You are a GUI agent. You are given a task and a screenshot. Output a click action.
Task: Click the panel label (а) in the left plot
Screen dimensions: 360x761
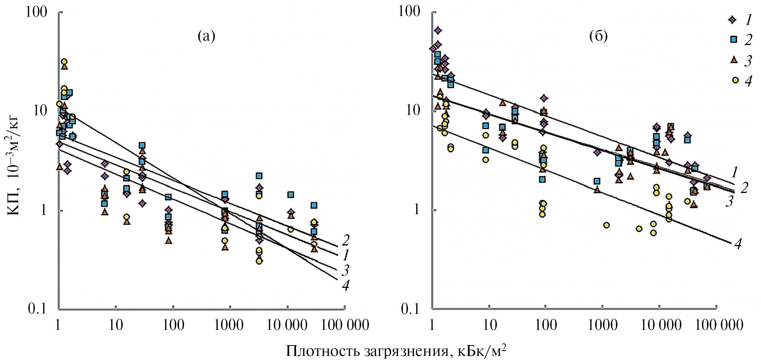pos(206,36)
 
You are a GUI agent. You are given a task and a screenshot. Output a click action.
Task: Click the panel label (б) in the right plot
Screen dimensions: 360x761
pos(598,36)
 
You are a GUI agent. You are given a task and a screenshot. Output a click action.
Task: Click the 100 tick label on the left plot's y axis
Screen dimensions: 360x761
pos(37,12)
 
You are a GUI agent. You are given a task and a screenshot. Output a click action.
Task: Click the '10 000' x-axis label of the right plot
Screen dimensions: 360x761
pos(661,325)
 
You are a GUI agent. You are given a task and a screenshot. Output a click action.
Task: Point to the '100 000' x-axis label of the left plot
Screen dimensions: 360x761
pos(346,325)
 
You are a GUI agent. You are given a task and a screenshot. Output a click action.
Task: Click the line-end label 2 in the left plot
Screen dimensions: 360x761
pos(346,241)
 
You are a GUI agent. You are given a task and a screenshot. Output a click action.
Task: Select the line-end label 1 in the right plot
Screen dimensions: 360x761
pos(735,173)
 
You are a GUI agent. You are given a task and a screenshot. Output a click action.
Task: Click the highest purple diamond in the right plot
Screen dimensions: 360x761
pos(438,30)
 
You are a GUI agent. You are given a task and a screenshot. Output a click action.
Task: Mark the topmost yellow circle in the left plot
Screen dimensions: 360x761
pos(64,62)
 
